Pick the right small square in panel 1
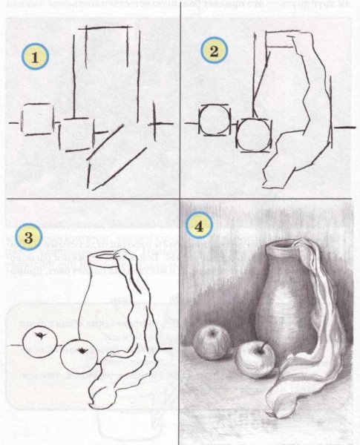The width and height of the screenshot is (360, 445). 74,134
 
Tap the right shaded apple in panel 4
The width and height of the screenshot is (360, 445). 254,360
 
